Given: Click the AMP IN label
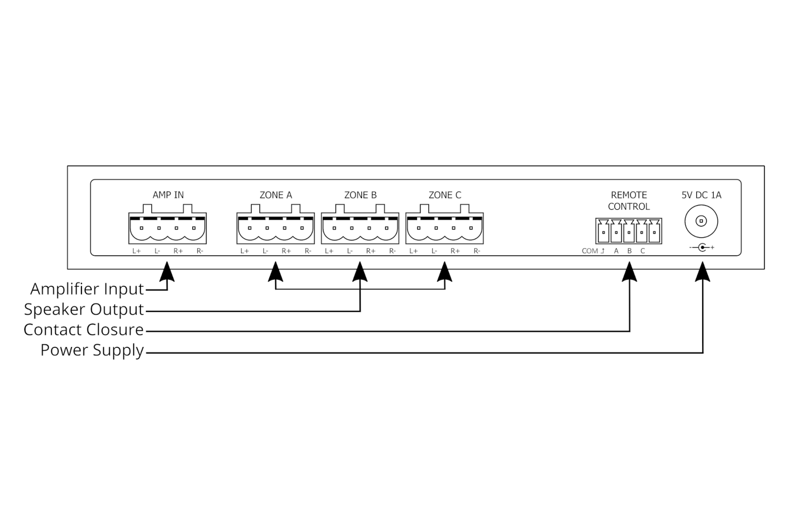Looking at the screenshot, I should [x=168, y=195].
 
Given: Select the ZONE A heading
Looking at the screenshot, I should [x=276, y=195].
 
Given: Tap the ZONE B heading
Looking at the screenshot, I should [x=360, y=195].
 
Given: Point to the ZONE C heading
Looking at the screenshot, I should [x=445, y=195].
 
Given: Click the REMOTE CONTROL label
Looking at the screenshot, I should [x=629, y=201].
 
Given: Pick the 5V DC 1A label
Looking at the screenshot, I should [x=701, y=195].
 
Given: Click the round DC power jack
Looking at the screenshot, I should [x=701, y=221].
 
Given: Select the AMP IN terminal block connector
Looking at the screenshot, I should [x=168, y=228].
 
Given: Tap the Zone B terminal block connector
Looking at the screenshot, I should [x=360, y=228].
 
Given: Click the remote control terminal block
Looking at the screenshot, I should [x=629, y=231].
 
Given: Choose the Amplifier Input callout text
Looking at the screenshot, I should [x=87, y=288].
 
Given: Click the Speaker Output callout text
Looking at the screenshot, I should [x=84, y=309].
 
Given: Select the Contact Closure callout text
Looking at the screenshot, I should [x=84, y=329].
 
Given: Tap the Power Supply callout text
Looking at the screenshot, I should [x=92, y=350].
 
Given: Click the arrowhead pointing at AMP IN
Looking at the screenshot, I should [x=168, y=271].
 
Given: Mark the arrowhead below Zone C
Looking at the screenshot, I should [x=445, y=271].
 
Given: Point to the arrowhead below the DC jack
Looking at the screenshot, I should [x=703, y=271].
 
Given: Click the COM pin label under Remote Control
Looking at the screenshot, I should [x=590, y=251].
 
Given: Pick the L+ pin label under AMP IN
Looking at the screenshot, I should [x=137, y=251].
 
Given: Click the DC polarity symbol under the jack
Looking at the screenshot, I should [x=702, y=248].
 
